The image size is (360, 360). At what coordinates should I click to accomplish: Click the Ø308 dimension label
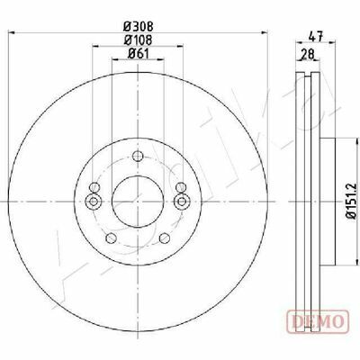pos(139,27)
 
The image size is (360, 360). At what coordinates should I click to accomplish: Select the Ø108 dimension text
pos(139,40)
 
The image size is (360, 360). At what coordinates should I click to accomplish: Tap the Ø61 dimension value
pos(139,53)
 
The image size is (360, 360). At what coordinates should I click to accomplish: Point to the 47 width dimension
pos(316,37)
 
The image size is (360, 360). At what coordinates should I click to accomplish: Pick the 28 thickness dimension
pos(307,55)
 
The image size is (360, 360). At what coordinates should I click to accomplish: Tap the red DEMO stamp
pos(318,321)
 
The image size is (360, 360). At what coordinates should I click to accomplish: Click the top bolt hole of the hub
pos(138,156)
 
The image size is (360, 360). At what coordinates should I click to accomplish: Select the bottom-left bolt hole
pos(112,238)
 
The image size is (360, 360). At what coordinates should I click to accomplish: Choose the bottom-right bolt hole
pos(165,238)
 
